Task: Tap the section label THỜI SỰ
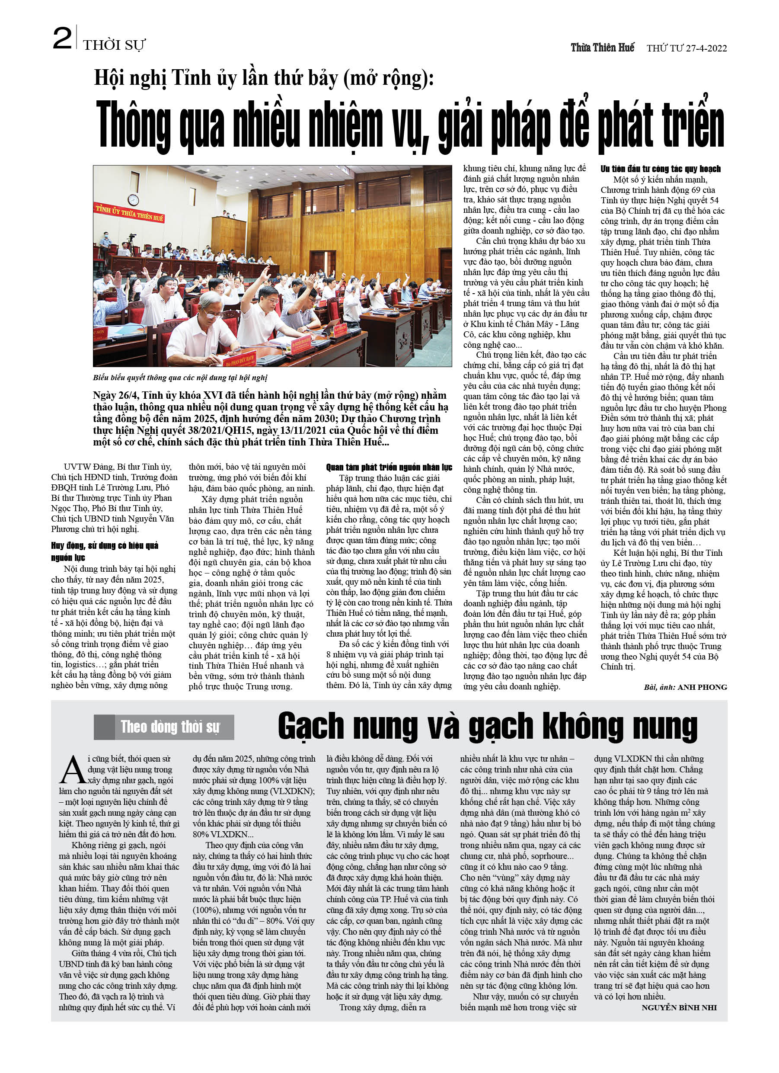coord(114,45)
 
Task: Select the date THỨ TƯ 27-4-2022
coord(686,48)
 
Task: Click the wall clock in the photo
coord(133,200)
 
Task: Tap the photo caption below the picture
coord(180,378)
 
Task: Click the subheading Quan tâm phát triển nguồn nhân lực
coord(389,468)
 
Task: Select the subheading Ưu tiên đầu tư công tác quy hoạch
coord(660,169)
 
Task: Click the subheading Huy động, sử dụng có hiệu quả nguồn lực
coord(105,551)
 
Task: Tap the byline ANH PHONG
coord(702,687)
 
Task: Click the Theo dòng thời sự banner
coord(164,727)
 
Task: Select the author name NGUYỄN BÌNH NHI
coord(679,1008)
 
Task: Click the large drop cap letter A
coord(72,771)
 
